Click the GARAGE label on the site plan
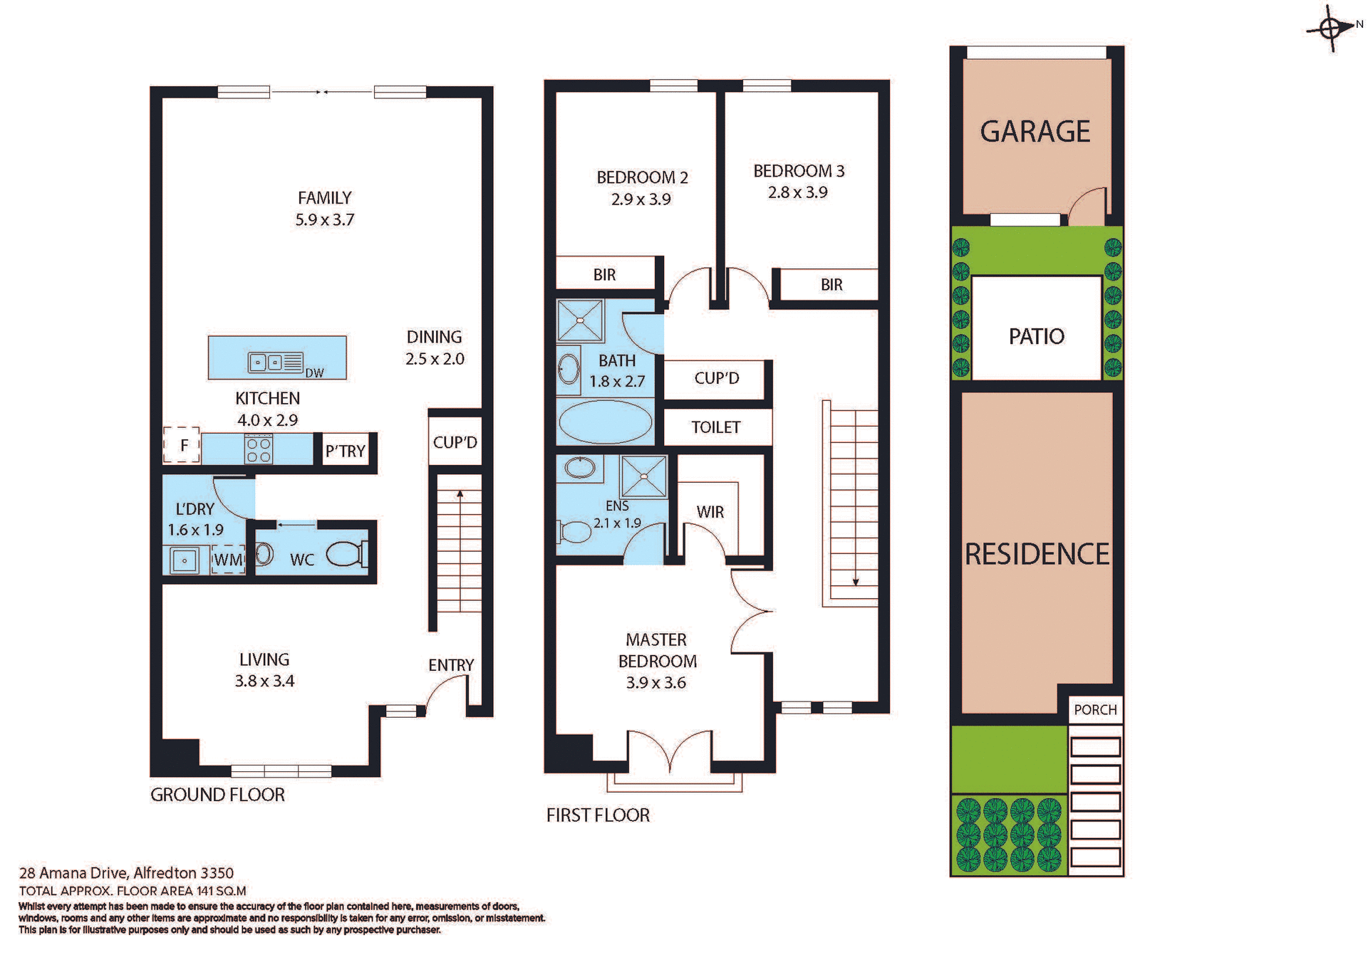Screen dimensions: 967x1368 pyautogui.click(x=1035, y=132)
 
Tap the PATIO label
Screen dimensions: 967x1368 pyautogui.click(x=1036, y=336)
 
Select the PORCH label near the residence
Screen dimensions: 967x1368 pyautogui.click(x=1095, y=710)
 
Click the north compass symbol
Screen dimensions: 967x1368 pyautogui.click(x=1330, y=28)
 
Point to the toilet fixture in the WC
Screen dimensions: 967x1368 pyautogui.click(x=347, y=553)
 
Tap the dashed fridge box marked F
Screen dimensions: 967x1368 pyautogui.click(x=182, y=446)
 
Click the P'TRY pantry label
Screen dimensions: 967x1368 pyautogui.click(x=346, y=451)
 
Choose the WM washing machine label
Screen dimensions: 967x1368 pyautogui.click(x=228, y=560)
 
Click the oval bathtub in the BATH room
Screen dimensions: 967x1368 pyautogui.click(x=605, y=422)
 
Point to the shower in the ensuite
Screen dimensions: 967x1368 pyautogui.click(x=644, y=476)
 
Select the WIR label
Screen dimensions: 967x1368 pyautogui.click(x=710, y=512)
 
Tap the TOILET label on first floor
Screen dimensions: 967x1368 pyautogui.click(x=716, y=427)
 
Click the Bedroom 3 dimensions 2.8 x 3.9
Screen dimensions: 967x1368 pyautogui.click(x=797, y=192)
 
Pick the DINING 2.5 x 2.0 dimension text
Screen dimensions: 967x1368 pyautogui.click(x=435, y=359)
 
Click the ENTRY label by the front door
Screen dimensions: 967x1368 pyautogui.click(x=450, y=665)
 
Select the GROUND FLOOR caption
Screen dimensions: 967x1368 pyautogui.click(x=217, y=795)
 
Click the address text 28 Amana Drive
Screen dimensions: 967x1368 pyautogui.click(x=126, y=873)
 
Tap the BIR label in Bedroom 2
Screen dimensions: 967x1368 pyautogui.click(x=604, y=275)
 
